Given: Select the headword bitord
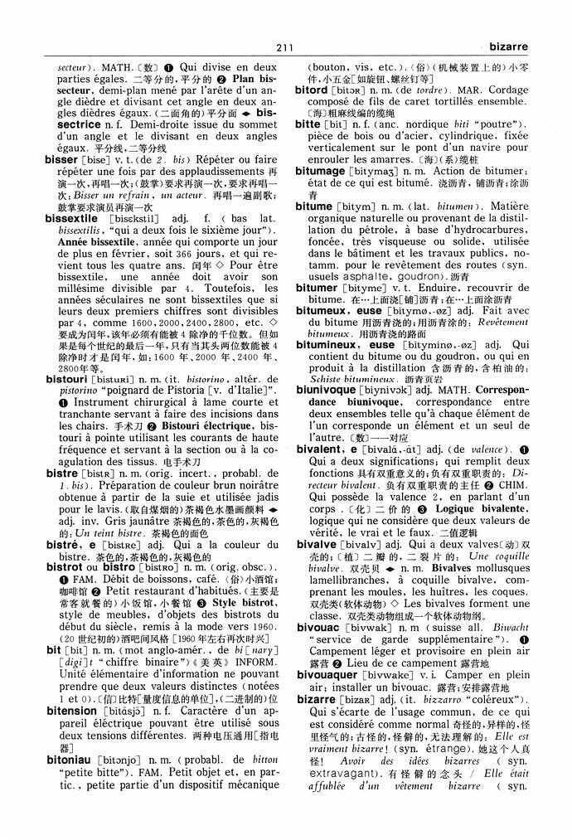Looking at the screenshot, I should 312,88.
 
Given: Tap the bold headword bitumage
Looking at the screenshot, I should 321,170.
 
